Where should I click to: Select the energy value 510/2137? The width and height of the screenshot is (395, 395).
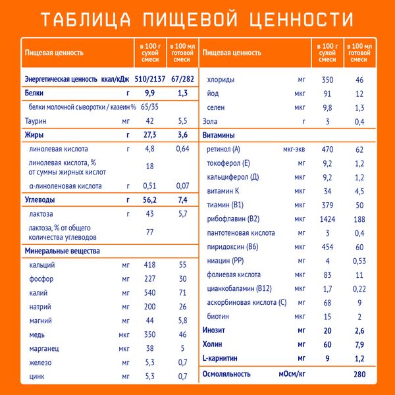pyautogui.click(x=150, y=78)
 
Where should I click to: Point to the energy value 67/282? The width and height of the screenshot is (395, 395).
pyautogui.click(x=183, y=78)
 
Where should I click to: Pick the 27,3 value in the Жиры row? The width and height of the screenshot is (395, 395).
pyautogui.click(x=150, y=135)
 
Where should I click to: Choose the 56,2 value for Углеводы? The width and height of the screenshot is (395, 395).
pyautogui.click(x=150, y=200)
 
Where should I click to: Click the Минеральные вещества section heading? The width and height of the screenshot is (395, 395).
pyautogui.click(x=62, y=251)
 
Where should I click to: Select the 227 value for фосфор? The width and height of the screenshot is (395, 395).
pyautogui.click(x=150, y=278)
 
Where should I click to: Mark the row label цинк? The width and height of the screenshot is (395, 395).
pyautogui.click(x=37, y=377)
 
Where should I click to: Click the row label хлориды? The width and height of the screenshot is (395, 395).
pyautogui.click(x=222, y=80)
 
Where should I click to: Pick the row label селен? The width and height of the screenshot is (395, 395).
pyautogui.click(x=217, y=107)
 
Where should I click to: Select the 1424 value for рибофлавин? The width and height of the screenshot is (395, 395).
pyautogui.click(x=327, y=219)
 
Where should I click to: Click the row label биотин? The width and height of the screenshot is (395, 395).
pyautogui.click(x=218, y=317)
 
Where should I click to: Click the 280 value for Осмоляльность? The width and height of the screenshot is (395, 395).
pyautogui.click(x=359, y=374)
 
